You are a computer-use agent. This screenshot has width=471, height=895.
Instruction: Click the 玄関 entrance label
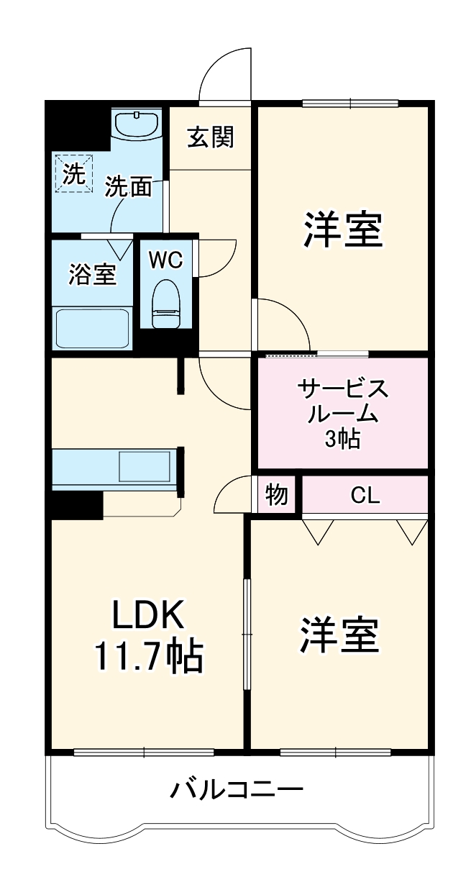tap(211, 137)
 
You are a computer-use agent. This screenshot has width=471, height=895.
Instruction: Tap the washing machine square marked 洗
tap(73, 173)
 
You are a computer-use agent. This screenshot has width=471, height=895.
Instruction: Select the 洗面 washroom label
tap(129, 187)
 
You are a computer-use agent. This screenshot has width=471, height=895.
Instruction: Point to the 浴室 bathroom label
tap(92, 275)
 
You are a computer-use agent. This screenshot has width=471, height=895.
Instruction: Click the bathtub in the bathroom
tap(91, 327)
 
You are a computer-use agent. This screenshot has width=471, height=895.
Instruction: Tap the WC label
tap(165, 260)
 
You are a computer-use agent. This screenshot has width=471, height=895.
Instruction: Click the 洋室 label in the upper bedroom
tap(342, 230)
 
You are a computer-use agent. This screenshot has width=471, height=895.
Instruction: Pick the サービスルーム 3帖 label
tap(343, 414)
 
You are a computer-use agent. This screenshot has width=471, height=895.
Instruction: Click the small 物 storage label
tap(277, 495)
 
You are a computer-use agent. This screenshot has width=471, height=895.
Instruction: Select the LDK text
tap(147, 616)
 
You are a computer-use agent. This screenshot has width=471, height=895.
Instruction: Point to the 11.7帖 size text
tap(147, 656)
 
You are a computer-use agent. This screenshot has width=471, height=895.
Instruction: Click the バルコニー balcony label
tap(236, 791)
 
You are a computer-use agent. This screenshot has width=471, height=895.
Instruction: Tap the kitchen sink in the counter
tap(144, 467)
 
